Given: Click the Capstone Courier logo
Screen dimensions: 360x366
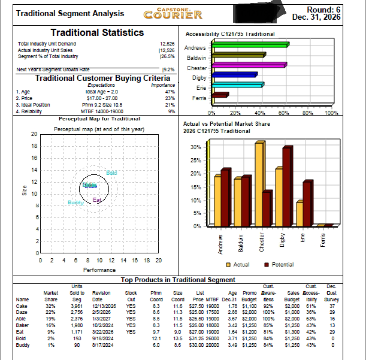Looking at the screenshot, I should click(x=173, y=13).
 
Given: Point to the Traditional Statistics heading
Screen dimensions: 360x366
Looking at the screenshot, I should click(x=97, y=33).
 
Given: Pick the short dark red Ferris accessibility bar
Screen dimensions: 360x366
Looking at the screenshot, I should click(x=220, y=95).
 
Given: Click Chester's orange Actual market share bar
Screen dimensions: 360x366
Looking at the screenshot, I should click(x=259, y=183).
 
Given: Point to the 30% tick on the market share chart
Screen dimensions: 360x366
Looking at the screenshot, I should click(x=195, y=147).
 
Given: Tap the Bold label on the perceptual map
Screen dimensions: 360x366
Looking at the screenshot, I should click(x=111, y=173).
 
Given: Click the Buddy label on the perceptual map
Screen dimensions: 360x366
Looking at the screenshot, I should click(x=75, y=203).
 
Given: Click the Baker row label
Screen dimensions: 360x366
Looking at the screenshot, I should click(x=23, y=325).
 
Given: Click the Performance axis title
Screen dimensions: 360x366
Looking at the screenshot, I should click(x=99, y=270).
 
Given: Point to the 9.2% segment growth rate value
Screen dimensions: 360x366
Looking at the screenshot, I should click(x=168, y=70).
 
